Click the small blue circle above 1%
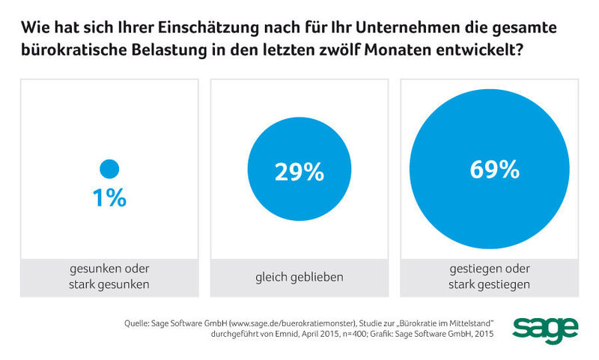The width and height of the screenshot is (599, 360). (109, 169)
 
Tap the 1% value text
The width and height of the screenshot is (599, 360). (109, 198)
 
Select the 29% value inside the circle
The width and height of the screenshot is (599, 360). (299, 172)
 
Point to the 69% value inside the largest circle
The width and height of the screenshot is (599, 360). (494, 170)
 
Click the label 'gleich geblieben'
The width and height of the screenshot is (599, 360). (299, 277)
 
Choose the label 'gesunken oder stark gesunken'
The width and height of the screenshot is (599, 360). (109, 277)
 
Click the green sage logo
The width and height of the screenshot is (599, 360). (545, 328)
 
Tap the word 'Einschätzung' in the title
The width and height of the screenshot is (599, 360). (198, 29)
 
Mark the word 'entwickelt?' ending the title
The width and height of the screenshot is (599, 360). (487, 54)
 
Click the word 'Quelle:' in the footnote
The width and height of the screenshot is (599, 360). (139, 323)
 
